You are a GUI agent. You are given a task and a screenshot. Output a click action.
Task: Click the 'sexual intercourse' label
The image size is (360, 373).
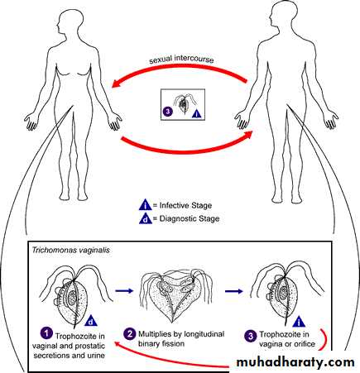181,60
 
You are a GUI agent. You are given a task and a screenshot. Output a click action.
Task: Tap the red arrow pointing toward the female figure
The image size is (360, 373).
180,68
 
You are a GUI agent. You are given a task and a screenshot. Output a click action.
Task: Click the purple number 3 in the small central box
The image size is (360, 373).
168,112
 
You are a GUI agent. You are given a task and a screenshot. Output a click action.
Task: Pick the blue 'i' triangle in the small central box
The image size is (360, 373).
198,114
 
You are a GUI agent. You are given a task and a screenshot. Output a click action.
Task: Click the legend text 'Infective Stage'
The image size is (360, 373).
185,205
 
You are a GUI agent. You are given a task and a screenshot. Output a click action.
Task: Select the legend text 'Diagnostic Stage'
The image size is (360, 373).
190,219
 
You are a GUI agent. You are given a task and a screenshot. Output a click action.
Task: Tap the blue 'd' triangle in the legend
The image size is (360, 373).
146,219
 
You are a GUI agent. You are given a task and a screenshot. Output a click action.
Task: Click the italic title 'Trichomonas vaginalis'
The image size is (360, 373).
70,251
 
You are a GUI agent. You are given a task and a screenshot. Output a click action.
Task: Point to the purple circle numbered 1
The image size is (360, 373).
46,333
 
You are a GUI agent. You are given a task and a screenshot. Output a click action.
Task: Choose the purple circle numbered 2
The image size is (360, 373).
130,334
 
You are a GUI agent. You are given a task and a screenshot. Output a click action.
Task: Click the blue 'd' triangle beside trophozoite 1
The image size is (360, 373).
92,322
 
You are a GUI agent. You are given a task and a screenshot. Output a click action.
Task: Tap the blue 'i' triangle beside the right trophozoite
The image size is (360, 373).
299,322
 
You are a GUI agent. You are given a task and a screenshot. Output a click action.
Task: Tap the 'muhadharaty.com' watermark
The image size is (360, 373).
295,362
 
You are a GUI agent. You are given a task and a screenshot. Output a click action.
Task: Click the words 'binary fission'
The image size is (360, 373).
161,344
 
